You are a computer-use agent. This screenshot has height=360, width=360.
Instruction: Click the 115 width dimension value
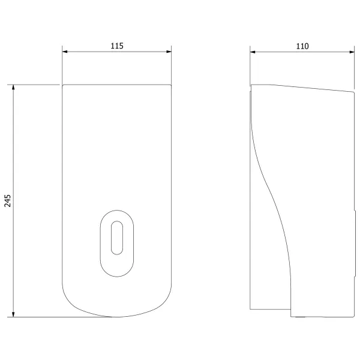pos(117,46)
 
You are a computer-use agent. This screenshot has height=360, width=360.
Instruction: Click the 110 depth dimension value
pos(302,46)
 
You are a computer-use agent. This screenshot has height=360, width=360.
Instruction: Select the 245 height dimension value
pos(8,200)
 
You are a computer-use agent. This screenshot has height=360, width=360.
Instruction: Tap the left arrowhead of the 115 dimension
pos(65,52)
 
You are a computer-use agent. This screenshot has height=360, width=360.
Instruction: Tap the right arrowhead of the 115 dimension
pos(169,52)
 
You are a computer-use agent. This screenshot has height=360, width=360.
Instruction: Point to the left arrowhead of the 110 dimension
pos(253,52)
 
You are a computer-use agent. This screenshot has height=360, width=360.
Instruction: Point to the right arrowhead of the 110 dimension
pos(352,52)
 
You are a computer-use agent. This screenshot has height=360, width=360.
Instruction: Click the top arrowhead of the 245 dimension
pos(13,87)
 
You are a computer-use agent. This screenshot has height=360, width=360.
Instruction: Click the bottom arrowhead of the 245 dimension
pos(13,314)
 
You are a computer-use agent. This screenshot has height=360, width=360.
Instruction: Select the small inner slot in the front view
pos(117,238)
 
